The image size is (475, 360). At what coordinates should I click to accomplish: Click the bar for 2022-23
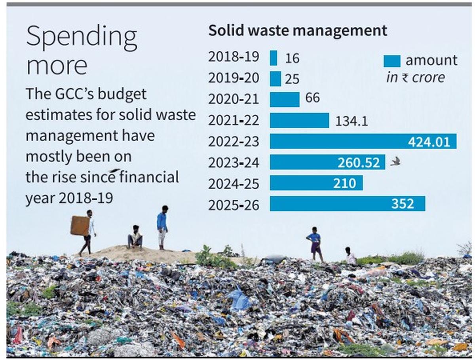(363, 141)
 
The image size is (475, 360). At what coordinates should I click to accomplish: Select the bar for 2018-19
(274, 58)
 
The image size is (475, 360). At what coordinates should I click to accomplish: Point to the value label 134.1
(351, 121)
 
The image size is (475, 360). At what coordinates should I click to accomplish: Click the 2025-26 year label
(234, 205)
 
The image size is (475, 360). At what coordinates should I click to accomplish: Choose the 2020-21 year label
(234, 99)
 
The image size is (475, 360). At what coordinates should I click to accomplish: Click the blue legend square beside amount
(392, 61)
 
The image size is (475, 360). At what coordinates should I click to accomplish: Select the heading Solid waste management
(298, 30)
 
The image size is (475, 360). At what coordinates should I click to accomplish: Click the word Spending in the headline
(82, 36)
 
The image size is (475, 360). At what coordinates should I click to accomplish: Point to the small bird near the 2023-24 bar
(395, 161)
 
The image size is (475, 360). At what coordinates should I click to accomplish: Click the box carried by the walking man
(80, 225)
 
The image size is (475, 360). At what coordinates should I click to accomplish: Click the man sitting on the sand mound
(135, 237)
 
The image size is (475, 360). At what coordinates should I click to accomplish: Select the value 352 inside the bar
(403, 204)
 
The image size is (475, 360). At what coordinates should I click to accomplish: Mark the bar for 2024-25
(316, 183)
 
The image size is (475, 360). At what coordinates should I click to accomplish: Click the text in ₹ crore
(415, 78)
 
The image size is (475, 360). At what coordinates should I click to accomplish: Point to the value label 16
(292, 59)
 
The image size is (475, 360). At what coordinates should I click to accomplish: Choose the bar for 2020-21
(285, 99)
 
